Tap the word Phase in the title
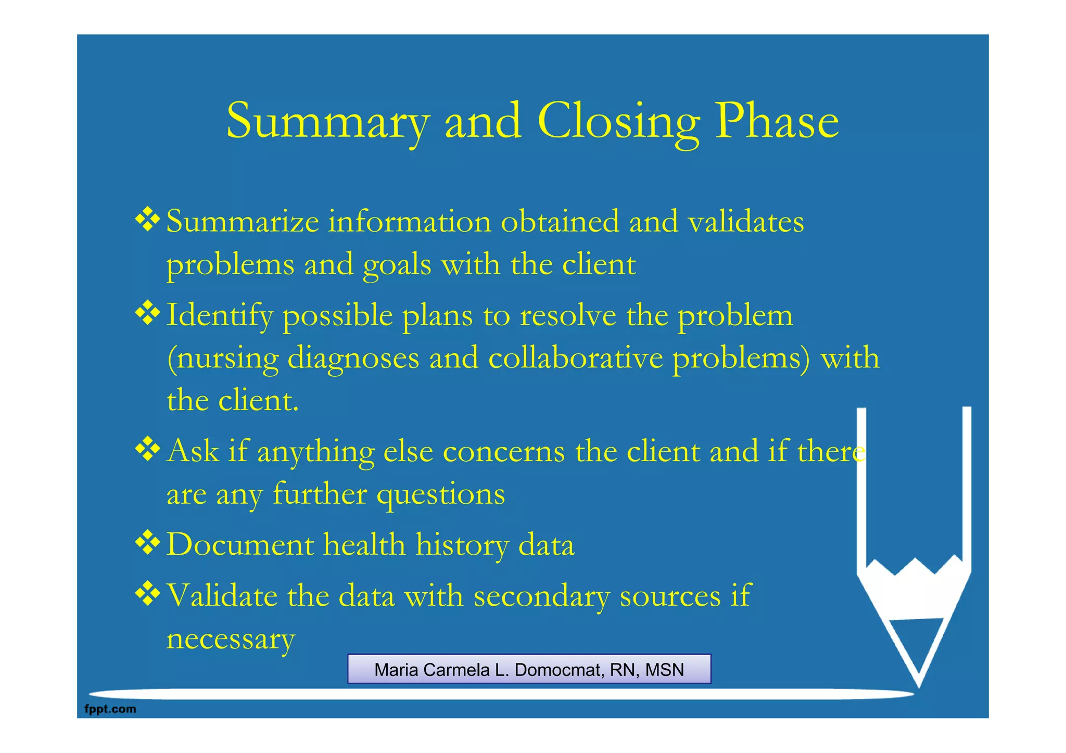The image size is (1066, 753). (x=777, y=121)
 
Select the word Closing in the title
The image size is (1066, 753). (x=618, y=122)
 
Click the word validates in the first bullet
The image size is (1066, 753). (x=746, y=222)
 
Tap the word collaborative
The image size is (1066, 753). (x=576, y=358)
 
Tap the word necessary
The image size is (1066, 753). (x=231, y=640)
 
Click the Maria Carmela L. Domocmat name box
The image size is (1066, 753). (x=529, y=669)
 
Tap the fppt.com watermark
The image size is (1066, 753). (x=110, y=709)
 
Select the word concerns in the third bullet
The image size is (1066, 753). (x=503, y=452)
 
